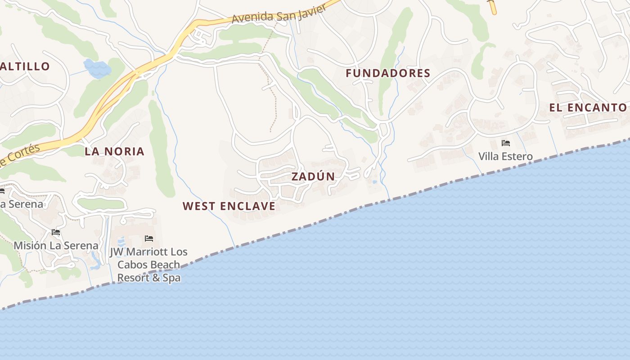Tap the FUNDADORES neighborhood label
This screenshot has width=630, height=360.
(x=388, y=73)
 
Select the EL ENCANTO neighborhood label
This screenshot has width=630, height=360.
(x=588, y=108)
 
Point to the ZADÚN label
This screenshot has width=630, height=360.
(x=313, y=176)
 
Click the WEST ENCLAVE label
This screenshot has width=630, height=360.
(x=229, y=207)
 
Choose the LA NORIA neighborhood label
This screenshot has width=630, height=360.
(x=115, y=152)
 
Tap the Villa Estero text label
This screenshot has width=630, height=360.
(x=505, y=157)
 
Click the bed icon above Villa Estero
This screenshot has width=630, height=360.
(x=505, y=144)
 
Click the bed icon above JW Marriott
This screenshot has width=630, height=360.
(x=149, y=238)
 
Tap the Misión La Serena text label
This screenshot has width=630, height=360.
(x=56, y=245)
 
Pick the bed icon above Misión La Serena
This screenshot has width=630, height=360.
(x=56, y=232)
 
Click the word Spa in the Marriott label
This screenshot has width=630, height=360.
(x=171, y=278)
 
